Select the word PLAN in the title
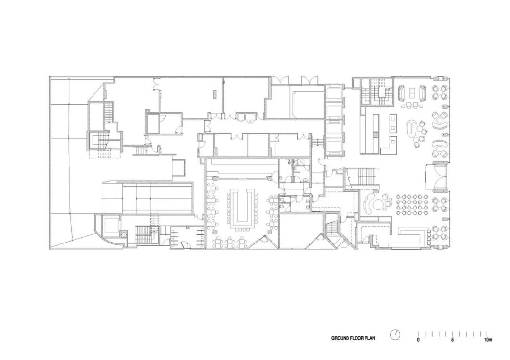point(376,338)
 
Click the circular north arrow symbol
point(395,335)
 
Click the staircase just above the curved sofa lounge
point(363,177)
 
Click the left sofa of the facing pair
point(402,93)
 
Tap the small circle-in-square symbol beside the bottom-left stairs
point(124,233)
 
